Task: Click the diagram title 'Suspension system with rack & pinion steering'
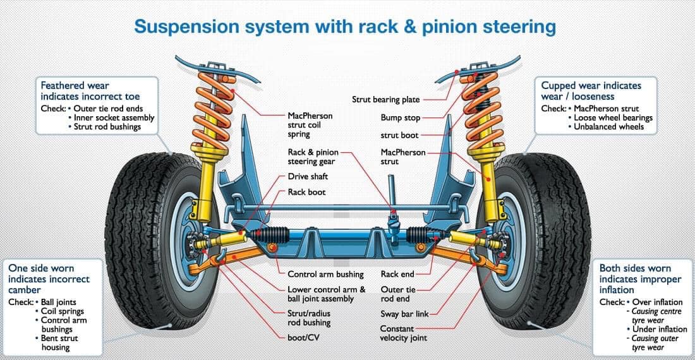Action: [345, 27]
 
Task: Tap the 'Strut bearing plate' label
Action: [385, 100]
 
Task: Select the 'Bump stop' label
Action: [400, 117]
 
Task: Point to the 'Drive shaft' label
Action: [308, 176]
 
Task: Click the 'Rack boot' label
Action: [306, 192]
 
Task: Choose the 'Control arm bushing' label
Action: [325, 275]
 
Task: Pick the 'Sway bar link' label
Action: [404, 314]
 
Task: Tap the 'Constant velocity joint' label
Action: [403, 333]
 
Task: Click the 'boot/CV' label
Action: [303, 337]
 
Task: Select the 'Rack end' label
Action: [397, 275]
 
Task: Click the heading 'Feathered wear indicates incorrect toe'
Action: [90, 91]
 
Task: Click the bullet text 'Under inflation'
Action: [657, 329]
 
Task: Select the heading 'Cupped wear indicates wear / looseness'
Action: [591, 91]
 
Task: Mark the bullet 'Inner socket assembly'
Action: [114, 117]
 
